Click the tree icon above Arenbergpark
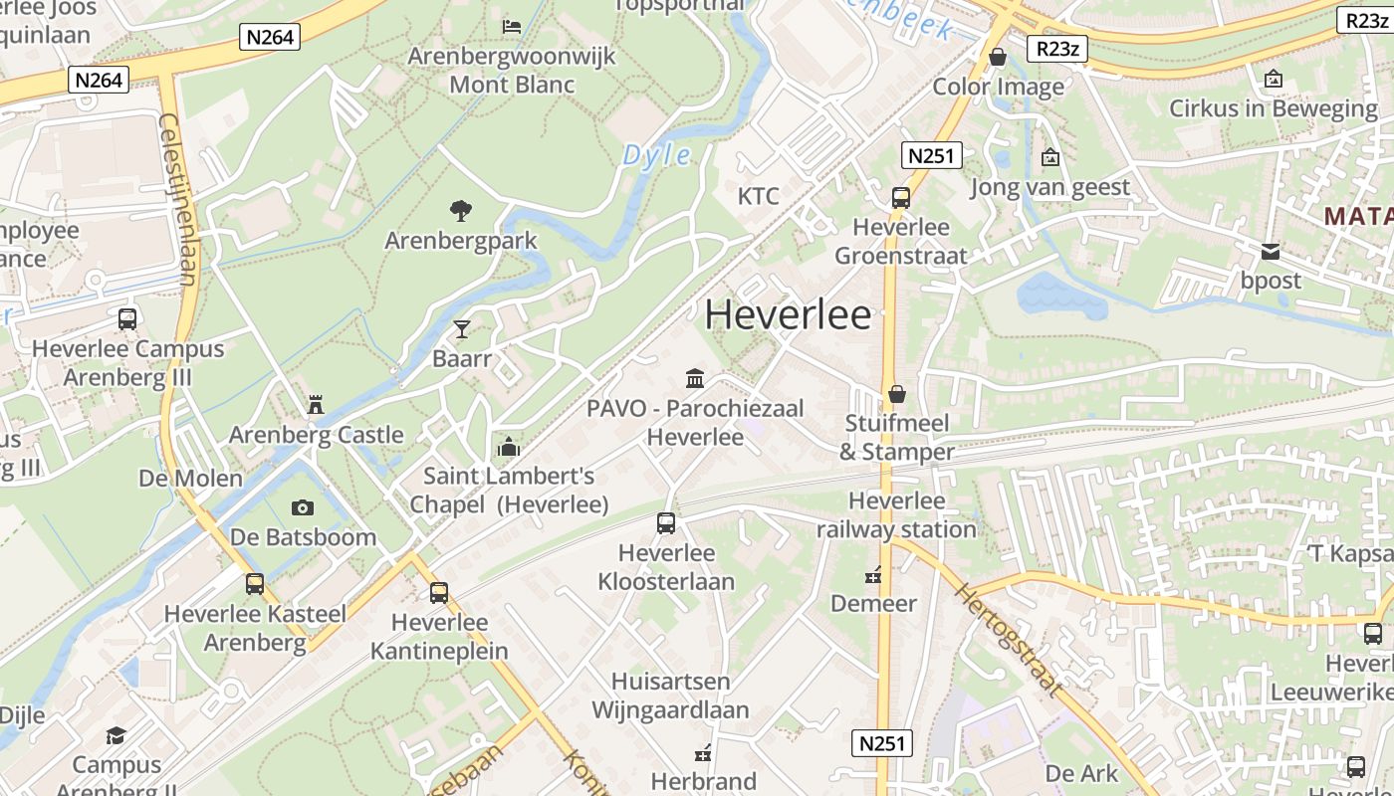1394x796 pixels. coord(460,210)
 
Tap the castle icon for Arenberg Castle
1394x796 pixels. coord(316,404)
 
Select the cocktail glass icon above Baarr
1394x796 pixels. coord(461,328)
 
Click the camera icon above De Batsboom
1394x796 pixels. coord(303,507)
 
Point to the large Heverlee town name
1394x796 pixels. coord(788,314)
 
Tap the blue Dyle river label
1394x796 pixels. coord(656,154)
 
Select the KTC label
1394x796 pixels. coord(758,195)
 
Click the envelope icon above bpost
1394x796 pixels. coord(1271,252)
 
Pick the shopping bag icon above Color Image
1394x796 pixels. coord(997,57)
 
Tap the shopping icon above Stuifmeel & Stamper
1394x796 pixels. coord(897,394)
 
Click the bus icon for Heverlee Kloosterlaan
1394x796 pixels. coord(665,522)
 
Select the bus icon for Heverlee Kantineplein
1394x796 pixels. coord(439,593)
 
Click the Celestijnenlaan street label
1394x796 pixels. coord(178,199)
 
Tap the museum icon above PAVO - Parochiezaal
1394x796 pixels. coord(695,378)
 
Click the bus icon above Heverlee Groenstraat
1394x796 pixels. coord(900,197)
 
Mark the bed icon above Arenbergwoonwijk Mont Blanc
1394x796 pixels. coord(512,26)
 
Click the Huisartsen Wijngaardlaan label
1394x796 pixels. coord(670,696)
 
